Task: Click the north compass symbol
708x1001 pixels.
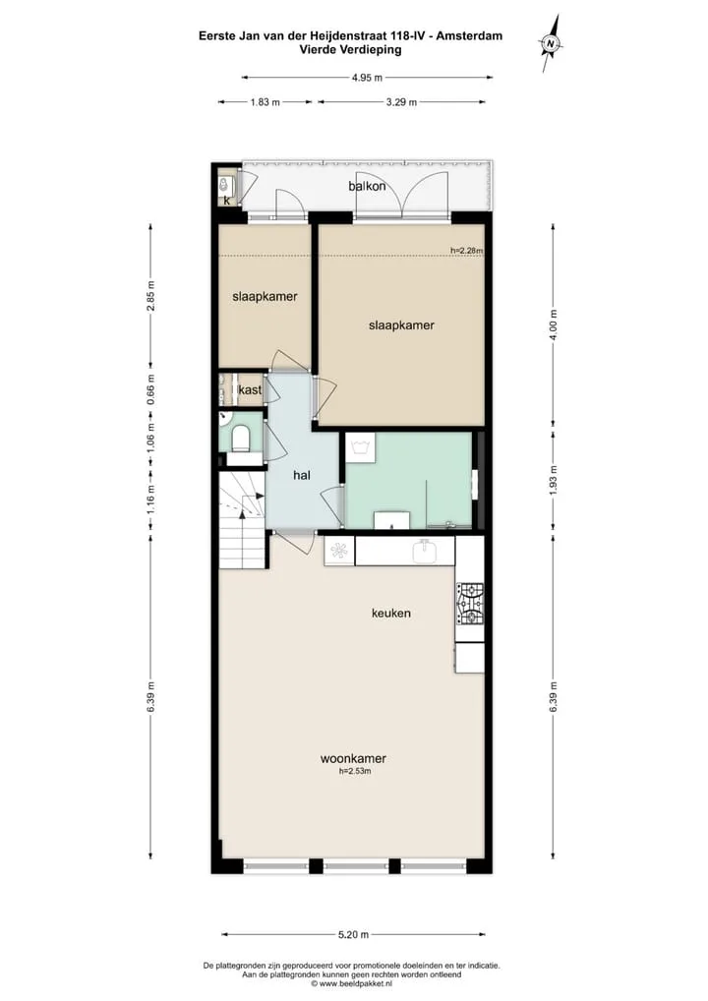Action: coord(550,42)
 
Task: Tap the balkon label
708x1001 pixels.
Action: coord(367,187)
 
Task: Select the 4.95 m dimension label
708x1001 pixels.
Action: coord(367,78)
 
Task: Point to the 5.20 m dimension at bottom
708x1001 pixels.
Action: coord(353,934)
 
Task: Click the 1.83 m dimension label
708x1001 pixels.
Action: coord(265,102)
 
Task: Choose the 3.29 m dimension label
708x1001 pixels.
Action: coord(401,102)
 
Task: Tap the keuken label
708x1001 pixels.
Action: coord(391,614)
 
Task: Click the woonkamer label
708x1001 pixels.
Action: coord(353,759)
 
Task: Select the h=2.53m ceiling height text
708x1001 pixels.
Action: coord(355,771)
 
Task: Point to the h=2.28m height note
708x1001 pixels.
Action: coord(467,250)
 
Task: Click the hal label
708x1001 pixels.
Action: coord(302,475)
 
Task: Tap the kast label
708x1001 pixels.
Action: coord(250,390)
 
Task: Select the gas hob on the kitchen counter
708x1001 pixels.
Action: coord(470,604)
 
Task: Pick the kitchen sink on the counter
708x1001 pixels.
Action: coord(426,552)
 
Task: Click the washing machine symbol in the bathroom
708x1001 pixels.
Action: coord(361,446)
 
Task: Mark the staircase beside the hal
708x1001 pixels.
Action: coord(243,520)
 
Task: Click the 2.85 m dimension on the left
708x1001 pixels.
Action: coord(151,296)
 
